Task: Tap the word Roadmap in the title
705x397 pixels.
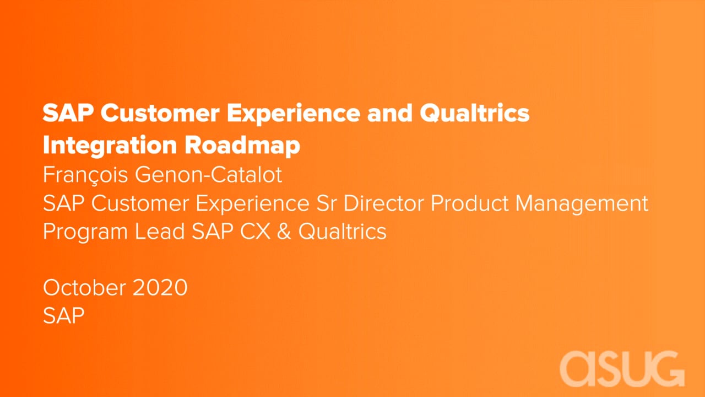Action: pos(242,145)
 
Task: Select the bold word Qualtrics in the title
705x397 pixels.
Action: pos(475,112)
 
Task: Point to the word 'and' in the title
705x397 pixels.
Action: pos(389,112)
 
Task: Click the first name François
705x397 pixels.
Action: pos(85,175)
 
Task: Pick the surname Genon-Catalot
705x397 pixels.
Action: pos(208,174)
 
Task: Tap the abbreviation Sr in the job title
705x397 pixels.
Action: pos(327,203)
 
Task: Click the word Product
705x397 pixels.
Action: pos(469,203)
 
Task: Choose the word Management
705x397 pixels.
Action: pos(582,204)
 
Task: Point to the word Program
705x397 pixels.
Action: pos(85,232)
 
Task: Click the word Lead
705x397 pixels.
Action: pos(160,231)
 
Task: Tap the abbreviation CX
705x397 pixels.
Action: pos(255,231)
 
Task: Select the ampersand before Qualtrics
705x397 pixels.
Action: pos(284,231)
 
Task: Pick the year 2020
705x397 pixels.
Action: pos(160,287)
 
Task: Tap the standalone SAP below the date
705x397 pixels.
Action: pos(63,315)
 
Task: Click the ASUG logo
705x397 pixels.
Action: pos(622,369)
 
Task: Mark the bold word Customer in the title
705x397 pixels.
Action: pos(160,112)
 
